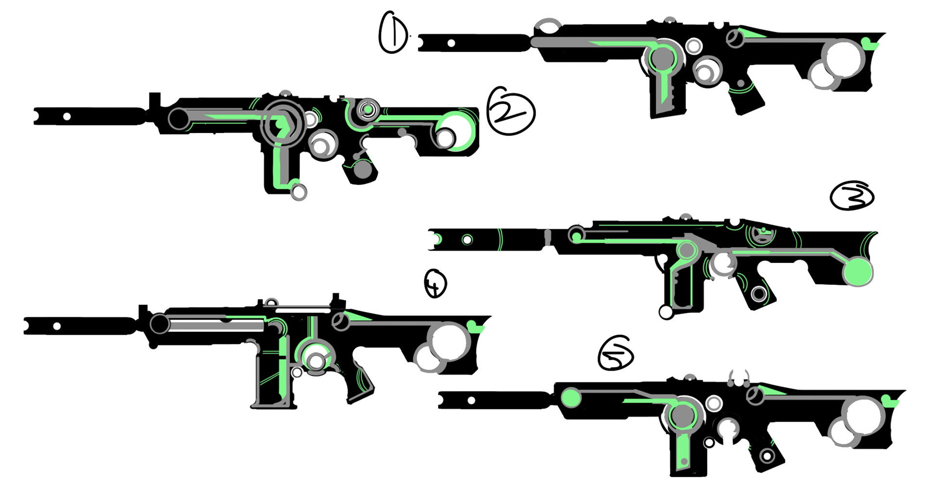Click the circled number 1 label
394,33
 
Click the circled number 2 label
510,111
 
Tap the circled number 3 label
852,196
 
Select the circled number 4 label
435,284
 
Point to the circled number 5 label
616,354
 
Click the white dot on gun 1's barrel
451,43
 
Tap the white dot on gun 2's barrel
67,116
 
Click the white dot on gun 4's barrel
57,326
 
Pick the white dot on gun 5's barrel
471,400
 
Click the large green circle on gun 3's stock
858,272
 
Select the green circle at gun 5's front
571,398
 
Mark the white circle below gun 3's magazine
666,312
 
